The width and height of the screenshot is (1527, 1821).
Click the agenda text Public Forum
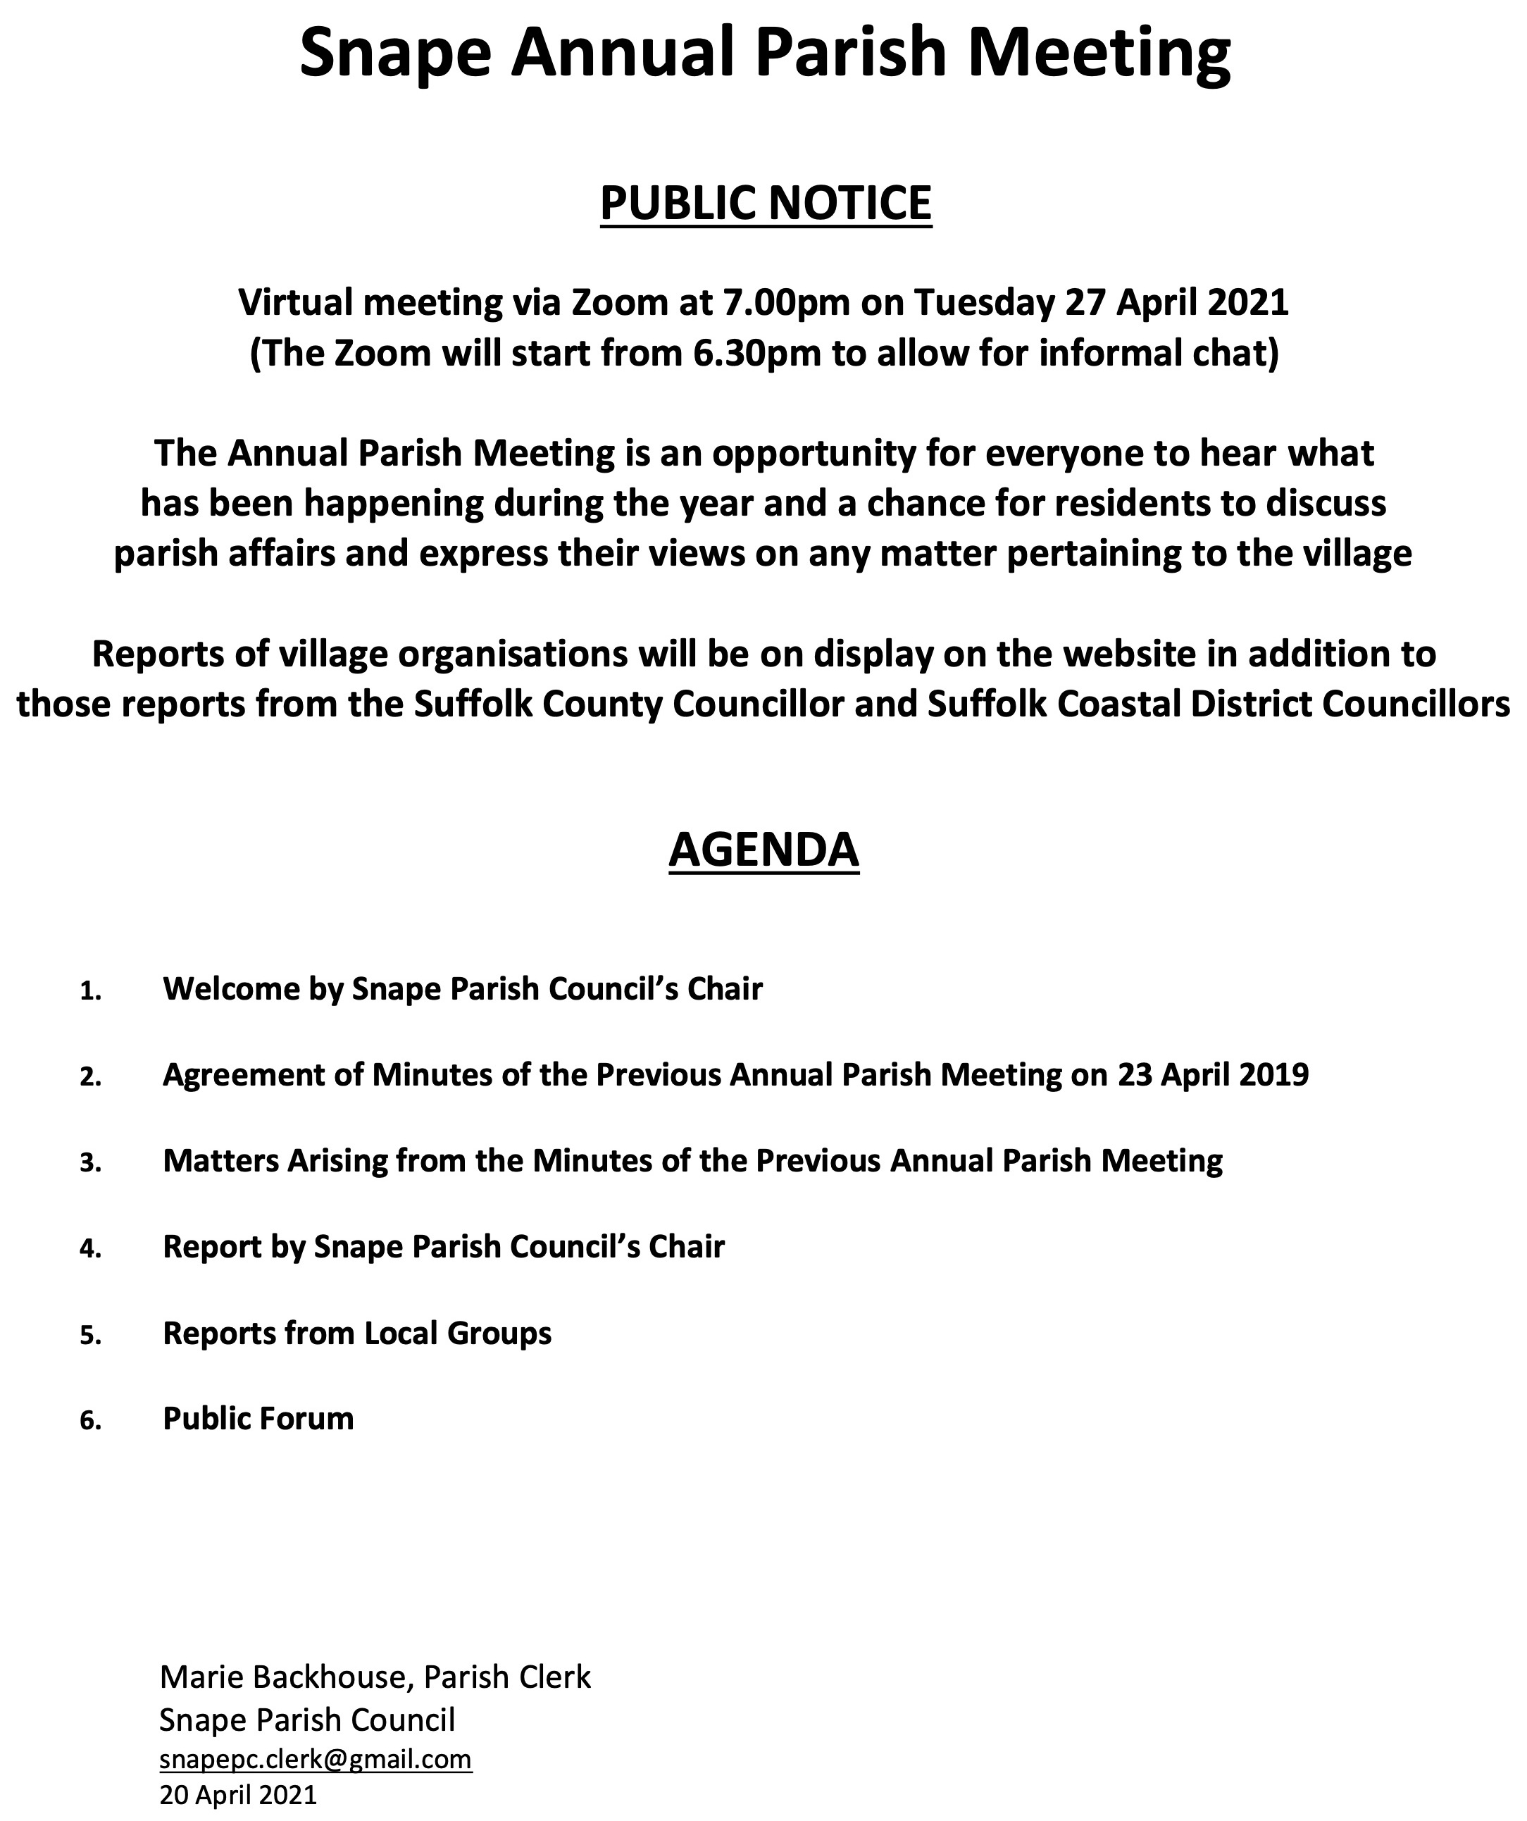pos(258,1419)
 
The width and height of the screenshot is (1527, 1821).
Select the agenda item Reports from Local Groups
pos(357,1333)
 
